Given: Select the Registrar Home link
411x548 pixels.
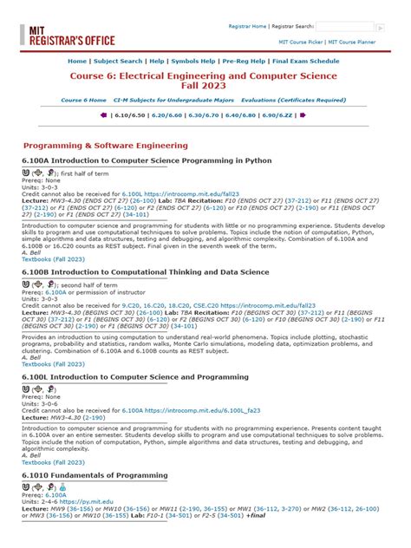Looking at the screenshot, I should pyautogui.click(x=247, y=27).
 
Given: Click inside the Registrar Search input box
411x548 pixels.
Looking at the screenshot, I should pyautogui.click(x=344, y=27).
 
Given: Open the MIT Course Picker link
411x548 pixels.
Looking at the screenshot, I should pyautogui.click(x=299, y=41).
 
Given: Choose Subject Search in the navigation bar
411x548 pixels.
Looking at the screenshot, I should pyautogui.click(x=118, y=62).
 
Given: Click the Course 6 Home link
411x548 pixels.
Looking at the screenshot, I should pyautogui.click(x=83, y=100).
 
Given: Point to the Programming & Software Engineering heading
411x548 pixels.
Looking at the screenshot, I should pyautogui.click(x=105, y=146).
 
